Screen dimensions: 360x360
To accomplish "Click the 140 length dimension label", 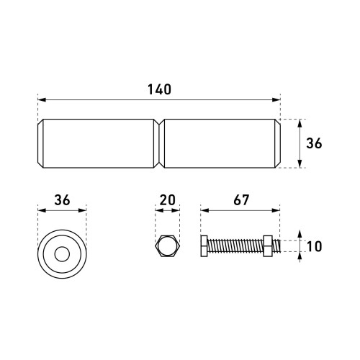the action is [x=159, y=89].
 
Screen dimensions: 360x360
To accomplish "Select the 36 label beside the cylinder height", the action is [x=314, y=143].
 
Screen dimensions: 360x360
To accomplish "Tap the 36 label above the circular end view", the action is [x=62, y=200].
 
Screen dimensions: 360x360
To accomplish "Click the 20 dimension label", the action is [x=167, y=200].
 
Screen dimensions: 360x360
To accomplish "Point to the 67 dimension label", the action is [x=241, y=200].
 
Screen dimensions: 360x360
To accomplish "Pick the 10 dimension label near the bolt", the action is [x=315, y=246].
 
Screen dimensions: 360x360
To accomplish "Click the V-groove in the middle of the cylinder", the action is [x=159, y=143].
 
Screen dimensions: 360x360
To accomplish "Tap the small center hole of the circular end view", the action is [x=62, y=254].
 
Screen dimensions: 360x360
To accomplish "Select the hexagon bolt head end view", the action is [x=167, y=246].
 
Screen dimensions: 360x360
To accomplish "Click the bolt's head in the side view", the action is [x=204, y=246].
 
